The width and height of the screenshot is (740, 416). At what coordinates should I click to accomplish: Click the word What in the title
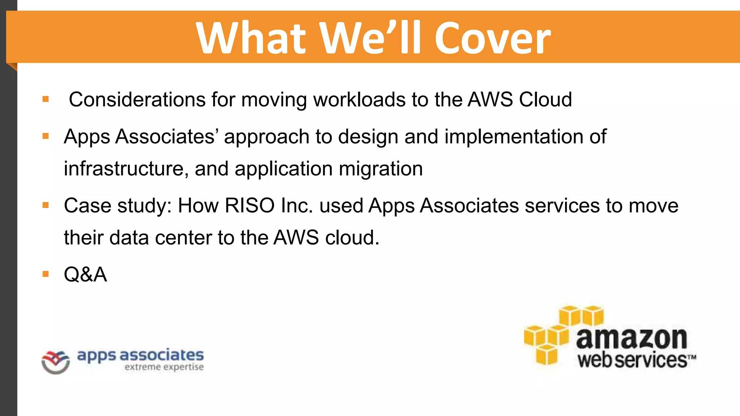point(251,38)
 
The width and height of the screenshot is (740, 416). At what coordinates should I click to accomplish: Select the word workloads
point(359,100)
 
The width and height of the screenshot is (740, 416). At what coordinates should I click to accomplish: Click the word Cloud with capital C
point(545,100)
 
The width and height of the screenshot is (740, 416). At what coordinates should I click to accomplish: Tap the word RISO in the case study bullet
point(250,206)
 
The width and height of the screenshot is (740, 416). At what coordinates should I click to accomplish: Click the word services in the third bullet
point(562,206)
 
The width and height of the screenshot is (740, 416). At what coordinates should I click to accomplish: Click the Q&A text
point(85,274)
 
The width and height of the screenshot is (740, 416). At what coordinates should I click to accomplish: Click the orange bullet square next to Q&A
point(46,274)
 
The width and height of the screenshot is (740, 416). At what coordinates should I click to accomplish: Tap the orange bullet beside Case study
point(46,205)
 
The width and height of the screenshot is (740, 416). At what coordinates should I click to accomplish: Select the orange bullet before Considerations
point(46,99)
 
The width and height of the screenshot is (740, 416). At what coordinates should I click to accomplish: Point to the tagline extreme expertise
point(164,367)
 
